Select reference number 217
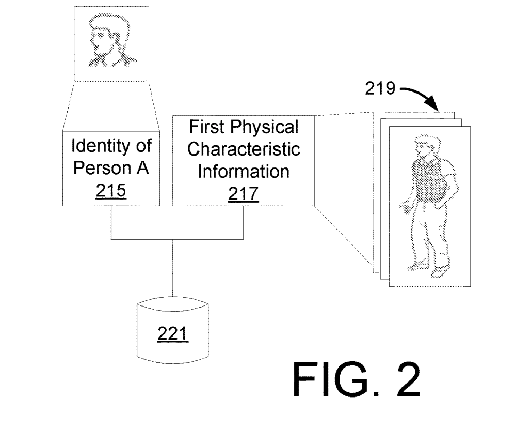(x=243, y=193)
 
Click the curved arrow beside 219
(x=419, y=96)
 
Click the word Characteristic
(x=243, y=149)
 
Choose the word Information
(x=243, y=171)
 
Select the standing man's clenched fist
(x=406, y=208)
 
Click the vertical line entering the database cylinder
(x=172, y=269)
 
